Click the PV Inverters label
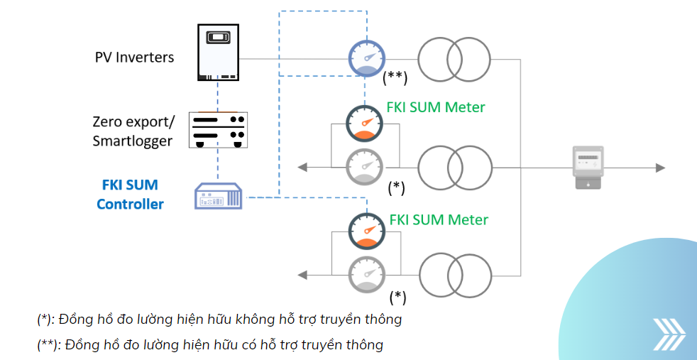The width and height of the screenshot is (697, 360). (x=134, y=58)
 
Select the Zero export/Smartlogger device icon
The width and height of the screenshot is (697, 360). (x=218, y=129)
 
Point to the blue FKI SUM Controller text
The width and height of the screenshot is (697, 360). (x=130, y=195)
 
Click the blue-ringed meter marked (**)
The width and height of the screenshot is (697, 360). (x=366, y=58)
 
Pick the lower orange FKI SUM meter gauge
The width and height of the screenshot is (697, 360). (x=366, y=231)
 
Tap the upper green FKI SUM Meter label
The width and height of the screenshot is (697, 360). (x=435, y=107)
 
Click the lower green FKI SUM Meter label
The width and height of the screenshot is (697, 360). (x=439, y=219)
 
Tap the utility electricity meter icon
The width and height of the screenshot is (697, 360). (x=588, y=168)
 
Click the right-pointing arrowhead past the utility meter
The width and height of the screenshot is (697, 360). (x=660, y=168)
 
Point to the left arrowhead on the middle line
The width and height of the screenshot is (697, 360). (x=302, y=168)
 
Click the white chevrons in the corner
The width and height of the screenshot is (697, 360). (x=669, y=334)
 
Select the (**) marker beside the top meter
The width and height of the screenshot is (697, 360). (x=395, y=77)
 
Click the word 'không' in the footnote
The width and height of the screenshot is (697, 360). (x=256, y=320)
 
